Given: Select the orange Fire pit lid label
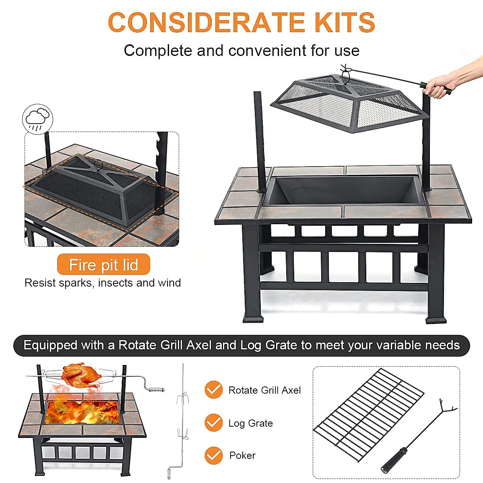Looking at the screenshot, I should (x=103, y=265).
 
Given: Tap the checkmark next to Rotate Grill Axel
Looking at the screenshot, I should (x=213, y=390).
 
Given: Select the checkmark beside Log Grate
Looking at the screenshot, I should (x=213, y=423).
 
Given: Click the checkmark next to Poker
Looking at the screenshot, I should (x=213, y=455).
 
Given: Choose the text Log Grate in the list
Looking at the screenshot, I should (x=250, y=423).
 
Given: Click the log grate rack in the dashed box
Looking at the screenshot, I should (x=368, y=415).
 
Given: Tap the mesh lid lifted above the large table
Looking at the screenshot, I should (x=346, y=103).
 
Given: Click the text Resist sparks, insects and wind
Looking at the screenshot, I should (x=103, y=283).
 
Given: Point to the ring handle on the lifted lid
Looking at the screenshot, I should (x=345, y=72).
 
